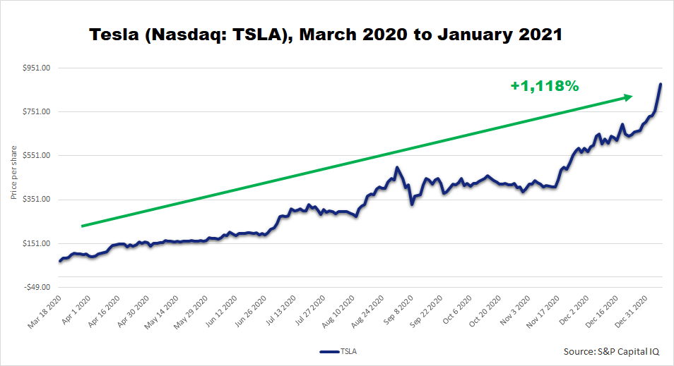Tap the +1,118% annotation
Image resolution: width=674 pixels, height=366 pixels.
pyautogui.click(x=545, y=86)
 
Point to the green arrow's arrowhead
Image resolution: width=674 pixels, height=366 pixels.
pyautogui.click(x=627, y=97)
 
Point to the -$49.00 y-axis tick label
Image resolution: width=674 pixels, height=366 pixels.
pyautogui.click(x=36, y=287)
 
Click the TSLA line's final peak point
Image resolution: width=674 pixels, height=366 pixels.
pyautogui.click(x=661, y=85)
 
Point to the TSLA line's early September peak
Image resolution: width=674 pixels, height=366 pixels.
pyautogui.click(x=397, y=168)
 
